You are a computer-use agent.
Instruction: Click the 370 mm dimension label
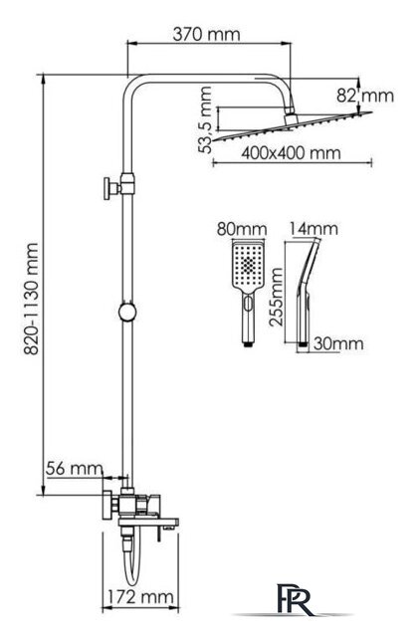coord(206,34)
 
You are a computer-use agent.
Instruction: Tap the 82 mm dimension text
coord(365,96)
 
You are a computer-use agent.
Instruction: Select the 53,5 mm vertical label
coord(206,119)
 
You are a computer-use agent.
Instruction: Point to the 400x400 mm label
coord(291,153)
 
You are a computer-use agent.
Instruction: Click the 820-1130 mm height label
coord(31,299)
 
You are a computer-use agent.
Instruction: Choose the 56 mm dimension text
coord(74,469)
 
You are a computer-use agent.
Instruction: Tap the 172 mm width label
coord(140,597)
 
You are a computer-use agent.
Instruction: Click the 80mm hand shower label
coord(242,229)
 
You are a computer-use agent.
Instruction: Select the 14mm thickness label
coord(313,229)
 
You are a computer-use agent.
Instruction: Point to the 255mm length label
coord(277,297)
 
